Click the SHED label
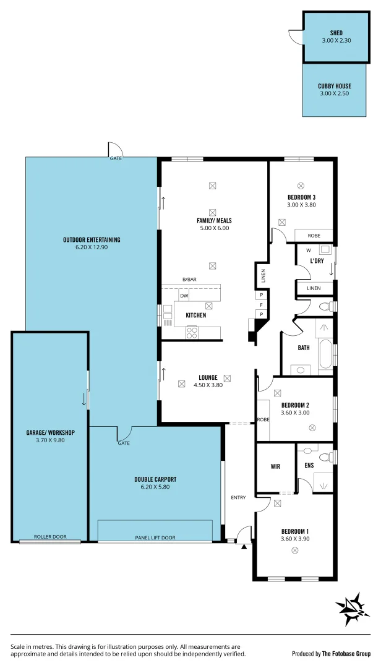[x=336, y=33]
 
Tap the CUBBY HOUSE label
[x=334, y=86]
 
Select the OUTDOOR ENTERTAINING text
[x=91, y=240]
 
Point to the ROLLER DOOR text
[x=51, y=537]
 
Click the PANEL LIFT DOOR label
[x=155, y=537]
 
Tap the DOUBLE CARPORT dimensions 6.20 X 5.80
[x=155, y=487]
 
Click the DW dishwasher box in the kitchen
[x=184, y=296]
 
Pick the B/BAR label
[x=189, y=280]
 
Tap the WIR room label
[x=275, y=466]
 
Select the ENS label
[x=309, y=466]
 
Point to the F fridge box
[x=261, y=305]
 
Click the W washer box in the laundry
[x=308, y=251]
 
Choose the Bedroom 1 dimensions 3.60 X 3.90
[x=295, y=539]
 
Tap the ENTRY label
[x=238, y=498]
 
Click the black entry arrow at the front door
[x=244, y=546]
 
